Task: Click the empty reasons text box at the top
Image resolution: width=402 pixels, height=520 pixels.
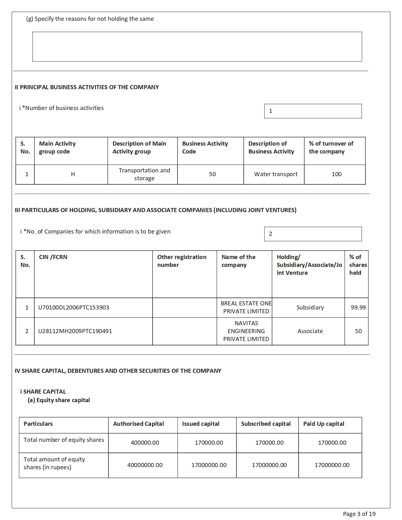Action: point(197,47)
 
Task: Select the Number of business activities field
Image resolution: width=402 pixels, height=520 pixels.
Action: point(313,111)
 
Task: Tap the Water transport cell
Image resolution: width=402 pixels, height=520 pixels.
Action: point(276,174)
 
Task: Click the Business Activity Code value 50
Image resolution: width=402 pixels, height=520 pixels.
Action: point(212,174)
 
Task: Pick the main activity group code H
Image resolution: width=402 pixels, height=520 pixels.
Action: point(73,174)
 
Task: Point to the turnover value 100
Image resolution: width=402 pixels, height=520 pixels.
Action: point(336,174)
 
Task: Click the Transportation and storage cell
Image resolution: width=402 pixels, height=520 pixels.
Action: point(144,174)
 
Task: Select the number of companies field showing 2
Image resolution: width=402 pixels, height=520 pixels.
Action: point(313,234)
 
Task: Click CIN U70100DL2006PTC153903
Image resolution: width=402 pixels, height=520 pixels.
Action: point(73,308)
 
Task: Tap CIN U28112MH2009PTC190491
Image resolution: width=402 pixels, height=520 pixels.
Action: point(75,331)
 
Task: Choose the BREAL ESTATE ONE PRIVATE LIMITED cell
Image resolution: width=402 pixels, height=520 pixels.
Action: point(246,307)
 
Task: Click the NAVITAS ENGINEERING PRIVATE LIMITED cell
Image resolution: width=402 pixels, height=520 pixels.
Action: point(246,331)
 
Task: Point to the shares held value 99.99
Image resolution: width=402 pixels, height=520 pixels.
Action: point(358,308)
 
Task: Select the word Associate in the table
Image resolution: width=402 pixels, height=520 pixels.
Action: point(310,331)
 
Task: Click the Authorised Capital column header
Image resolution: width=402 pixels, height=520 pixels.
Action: point(138,424)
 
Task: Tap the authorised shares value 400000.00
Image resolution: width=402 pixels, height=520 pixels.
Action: point(145,443)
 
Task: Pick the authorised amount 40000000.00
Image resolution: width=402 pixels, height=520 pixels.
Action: point(145,465)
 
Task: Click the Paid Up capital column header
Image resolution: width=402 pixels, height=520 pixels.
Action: point(323,424)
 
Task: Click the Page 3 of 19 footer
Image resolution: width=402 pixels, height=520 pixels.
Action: point(359,514)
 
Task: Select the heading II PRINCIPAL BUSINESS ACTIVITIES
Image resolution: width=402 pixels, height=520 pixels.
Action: point(87,87)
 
